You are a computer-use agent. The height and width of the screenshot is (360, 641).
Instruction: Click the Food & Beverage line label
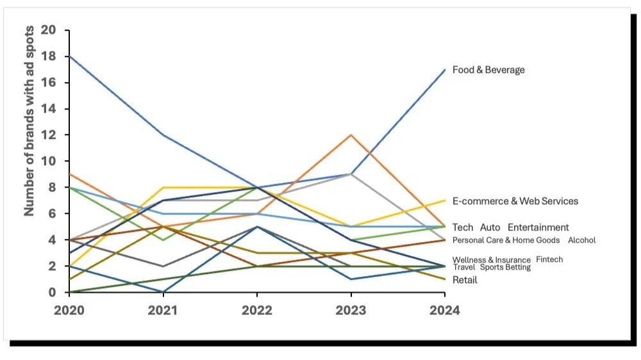point(488,70)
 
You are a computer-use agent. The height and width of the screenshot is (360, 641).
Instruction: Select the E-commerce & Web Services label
point(515,201)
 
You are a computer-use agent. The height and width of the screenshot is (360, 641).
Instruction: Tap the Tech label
point(463,227)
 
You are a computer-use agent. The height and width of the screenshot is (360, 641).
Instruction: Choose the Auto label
point(490,227)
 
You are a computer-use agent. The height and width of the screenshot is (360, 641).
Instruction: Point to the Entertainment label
point(538,227)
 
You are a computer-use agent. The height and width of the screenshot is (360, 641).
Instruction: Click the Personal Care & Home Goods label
point(506,240)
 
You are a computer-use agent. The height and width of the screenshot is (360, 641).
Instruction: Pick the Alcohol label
point(581,240)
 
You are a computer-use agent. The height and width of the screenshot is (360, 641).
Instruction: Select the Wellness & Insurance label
point(492,260)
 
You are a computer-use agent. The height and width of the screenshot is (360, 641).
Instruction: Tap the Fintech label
point(549,259)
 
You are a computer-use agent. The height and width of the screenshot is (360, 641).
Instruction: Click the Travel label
point(464,267)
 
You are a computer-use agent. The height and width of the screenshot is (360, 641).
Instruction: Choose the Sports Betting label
point(505,267)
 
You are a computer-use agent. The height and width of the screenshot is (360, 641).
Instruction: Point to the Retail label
point(465,280)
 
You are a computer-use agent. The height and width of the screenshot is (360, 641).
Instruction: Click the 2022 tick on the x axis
point(257,310)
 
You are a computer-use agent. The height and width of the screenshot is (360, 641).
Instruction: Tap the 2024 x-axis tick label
point(444,310)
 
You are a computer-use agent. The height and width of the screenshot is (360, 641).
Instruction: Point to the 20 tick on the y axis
point(48,30)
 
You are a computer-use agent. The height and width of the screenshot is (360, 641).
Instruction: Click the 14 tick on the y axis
point(48,109)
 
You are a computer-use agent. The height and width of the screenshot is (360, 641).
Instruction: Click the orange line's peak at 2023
point(351,135)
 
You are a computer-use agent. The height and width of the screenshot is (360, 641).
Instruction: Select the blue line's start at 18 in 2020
point(69,56)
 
